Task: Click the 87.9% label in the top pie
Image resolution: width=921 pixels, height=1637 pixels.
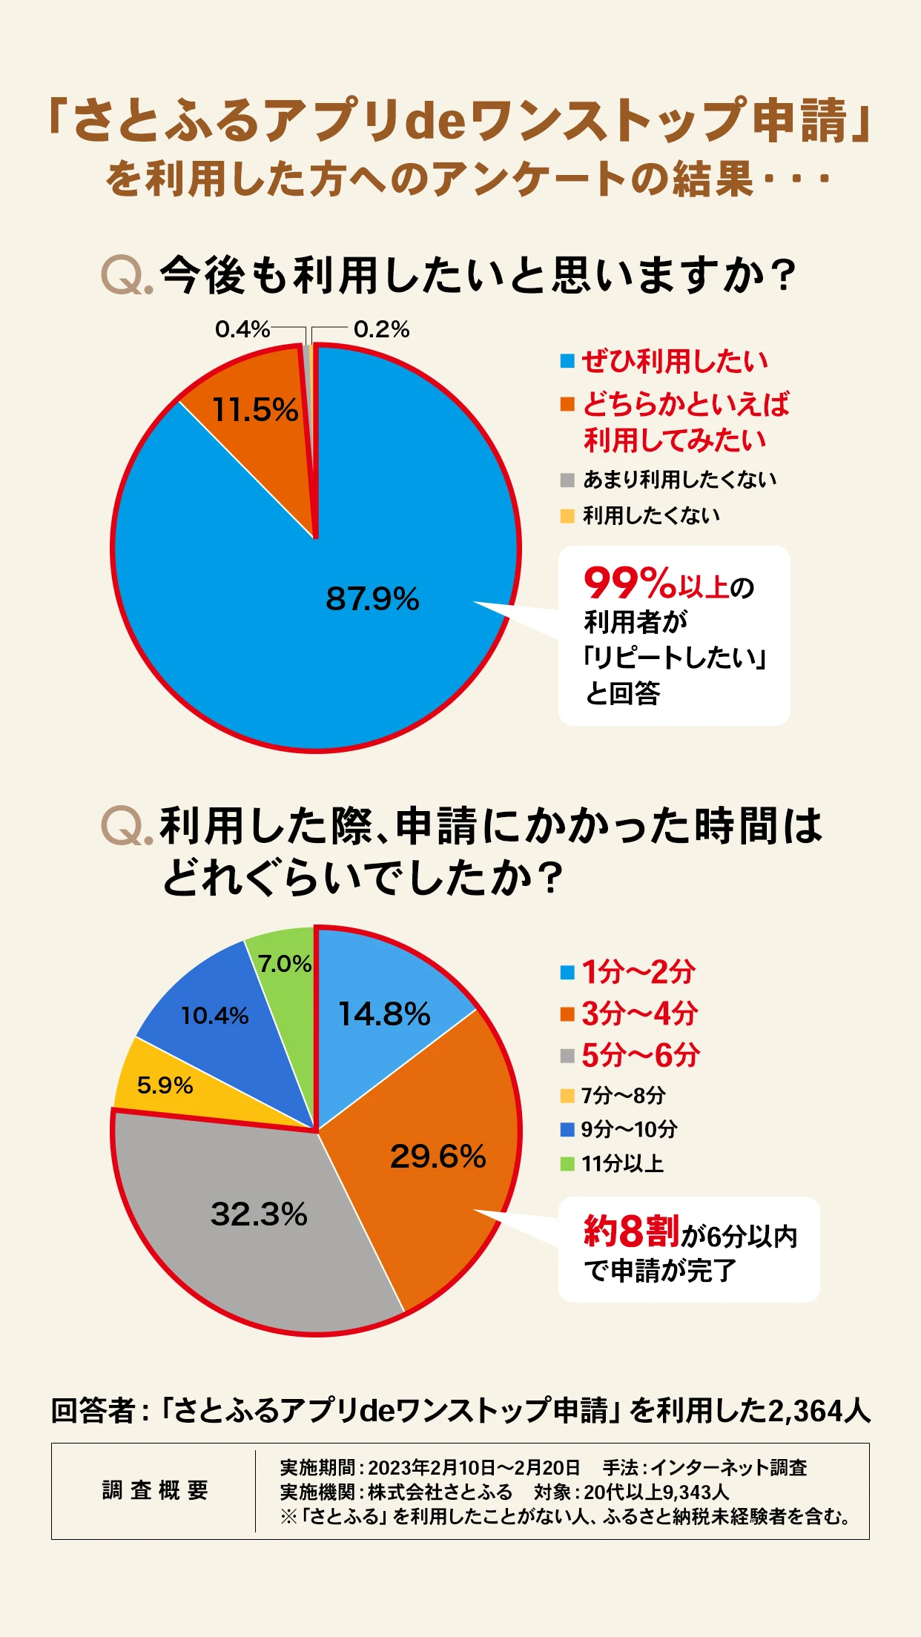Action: [372, 598]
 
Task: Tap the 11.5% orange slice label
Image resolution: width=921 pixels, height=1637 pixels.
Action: [255, 409]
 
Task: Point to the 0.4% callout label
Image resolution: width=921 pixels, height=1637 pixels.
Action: [242, 329]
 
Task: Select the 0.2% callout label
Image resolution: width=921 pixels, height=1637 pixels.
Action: [381, 329]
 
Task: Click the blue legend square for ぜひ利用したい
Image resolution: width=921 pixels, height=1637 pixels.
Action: [567, 362]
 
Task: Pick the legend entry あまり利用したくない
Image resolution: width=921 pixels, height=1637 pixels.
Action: [679, 480]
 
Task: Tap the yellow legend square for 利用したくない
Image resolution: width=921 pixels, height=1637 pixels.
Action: [567, 516]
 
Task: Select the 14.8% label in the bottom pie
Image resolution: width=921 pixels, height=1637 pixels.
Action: [384, 1013]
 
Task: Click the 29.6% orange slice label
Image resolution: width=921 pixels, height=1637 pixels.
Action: [438, 1156]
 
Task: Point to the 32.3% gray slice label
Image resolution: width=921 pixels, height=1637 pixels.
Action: [259, 1214]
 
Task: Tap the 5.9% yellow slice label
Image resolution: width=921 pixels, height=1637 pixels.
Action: [165, 1085]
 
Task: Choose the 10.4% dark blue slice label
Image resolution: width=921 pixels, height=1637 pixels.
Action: [215, 1016]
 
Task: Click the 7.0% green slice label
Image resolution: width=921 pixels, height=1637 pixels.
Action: [284, 964]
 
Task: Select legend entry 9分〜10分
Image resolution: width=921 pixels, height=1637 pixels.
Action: [629, 1129]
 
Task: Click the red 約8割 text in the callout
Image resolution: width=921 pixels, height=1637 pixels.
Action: [630, 1231]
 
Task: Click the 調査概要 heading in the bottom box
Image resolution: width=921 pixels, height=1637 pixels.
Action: [155, 1490]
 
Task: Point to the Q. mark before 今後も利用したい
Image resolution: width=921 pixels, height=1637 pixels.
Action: [127, 276]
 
